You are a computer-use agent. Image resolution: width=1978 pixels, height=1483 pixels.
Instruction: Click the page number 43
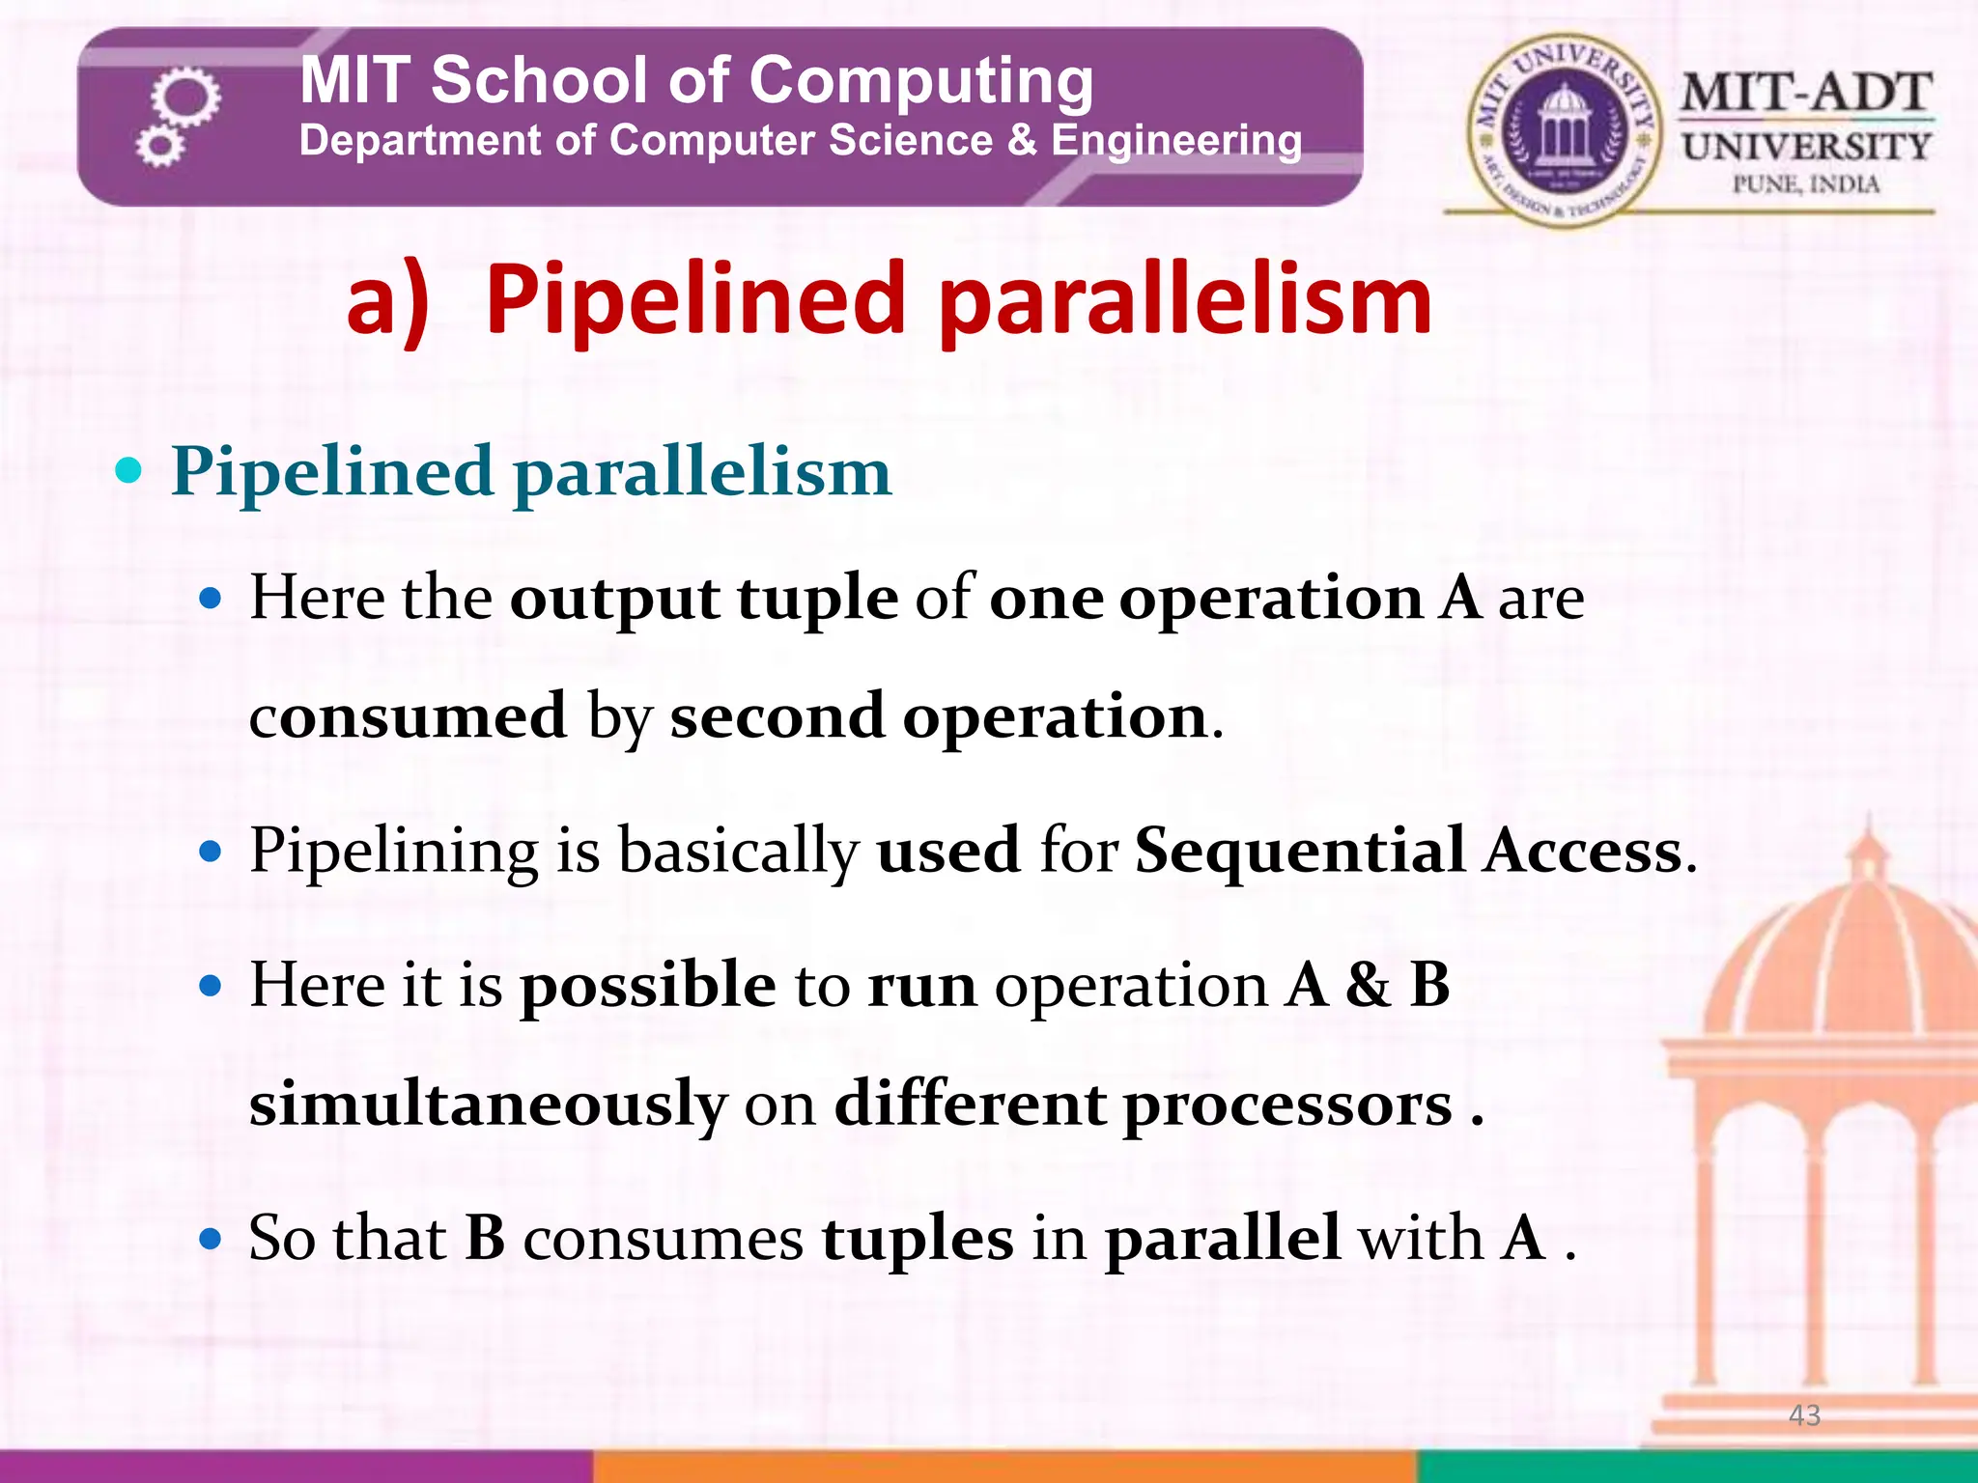point(1804,1415)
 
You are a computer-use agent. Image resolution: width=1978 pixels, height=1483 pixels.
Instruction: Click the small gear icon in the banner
point(159,147)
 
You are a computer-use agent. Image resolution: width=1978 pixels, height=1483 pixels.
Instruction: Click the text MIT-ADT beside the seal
point(1806,94)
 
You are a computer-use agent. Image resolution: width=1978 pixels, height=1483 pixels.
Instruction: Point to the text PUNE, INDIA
point(1806,184)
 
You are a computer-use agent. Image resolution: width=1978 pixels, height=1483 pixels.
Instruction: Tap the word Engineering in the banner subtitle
point(1175,141)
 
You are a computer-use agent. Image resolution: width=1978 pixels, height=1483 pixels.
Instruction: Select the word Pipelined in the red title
point(693,301)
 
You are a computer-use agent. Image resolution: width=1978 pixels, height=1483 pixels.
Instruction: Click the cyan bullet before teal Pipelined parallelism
point(127,472)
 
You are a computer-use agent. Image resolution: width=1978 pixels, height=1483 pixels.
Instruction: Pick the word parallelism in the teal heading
point(702,472)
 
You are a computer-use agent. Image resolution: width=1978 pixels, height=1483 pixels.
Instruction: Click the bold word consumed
point(408,716)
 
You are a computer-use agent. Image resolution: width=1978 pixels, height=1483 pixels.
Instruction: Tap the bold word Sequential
point(1300,852)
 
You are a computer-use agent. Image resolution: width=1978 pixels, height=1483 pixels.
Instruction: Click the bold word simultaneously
point(488,1105)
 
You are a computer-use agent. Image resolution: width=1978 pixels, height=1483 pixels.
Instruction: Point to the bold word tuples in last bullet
point(918,1239)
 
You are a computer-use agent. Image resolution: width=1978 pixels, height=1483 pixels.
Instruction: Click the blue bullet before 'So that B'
point(211,1239)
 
